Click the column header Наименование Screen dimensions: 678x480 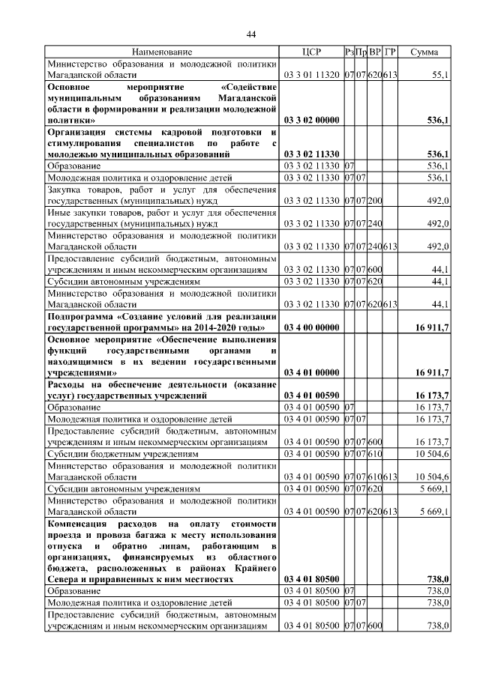click(162, 52)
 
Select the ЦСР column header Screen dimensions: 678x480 click(310, 52)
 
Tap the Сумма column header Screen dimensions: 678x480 click(424, 52)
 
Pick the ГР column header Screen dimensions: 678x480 click(390, 52)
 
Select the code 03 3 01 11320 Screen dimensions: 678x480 click(310, 75)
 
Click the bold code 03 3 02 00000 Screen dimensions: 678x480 click(310, 120)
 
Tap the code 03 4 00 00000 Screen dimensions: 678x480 click(310, 327)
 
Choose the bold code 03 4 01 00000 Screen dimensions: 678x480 click(310, 372)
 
